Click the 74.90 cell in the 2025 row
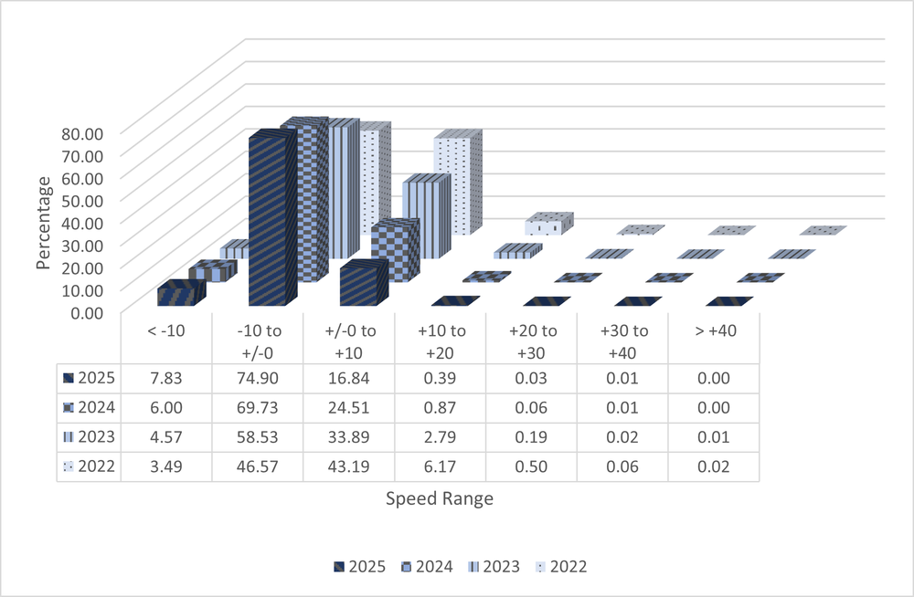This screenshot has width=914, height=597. point(257,378)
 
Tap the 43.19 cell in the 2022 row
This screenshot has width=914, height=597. point(348,466)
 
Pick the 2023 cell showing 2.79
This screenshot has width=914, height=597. point(440,438)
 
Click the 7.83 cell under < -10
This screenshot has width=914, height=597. point(165,378)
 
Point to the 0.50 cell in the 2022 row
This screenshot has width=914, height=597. point(531,466)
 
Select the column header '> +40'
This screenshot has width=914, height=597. point(714,330)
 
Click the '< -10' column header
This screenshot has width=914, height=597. point(165,330)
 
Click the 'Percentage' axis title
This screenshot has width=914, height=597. point(44,222)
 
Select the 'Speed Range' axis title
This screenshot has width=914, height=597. point(440,498)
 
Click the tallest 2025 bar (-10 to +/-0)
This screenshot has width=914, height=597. point(271,219)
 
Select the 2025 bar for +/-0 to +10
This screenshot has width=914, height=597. point(362,285)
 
